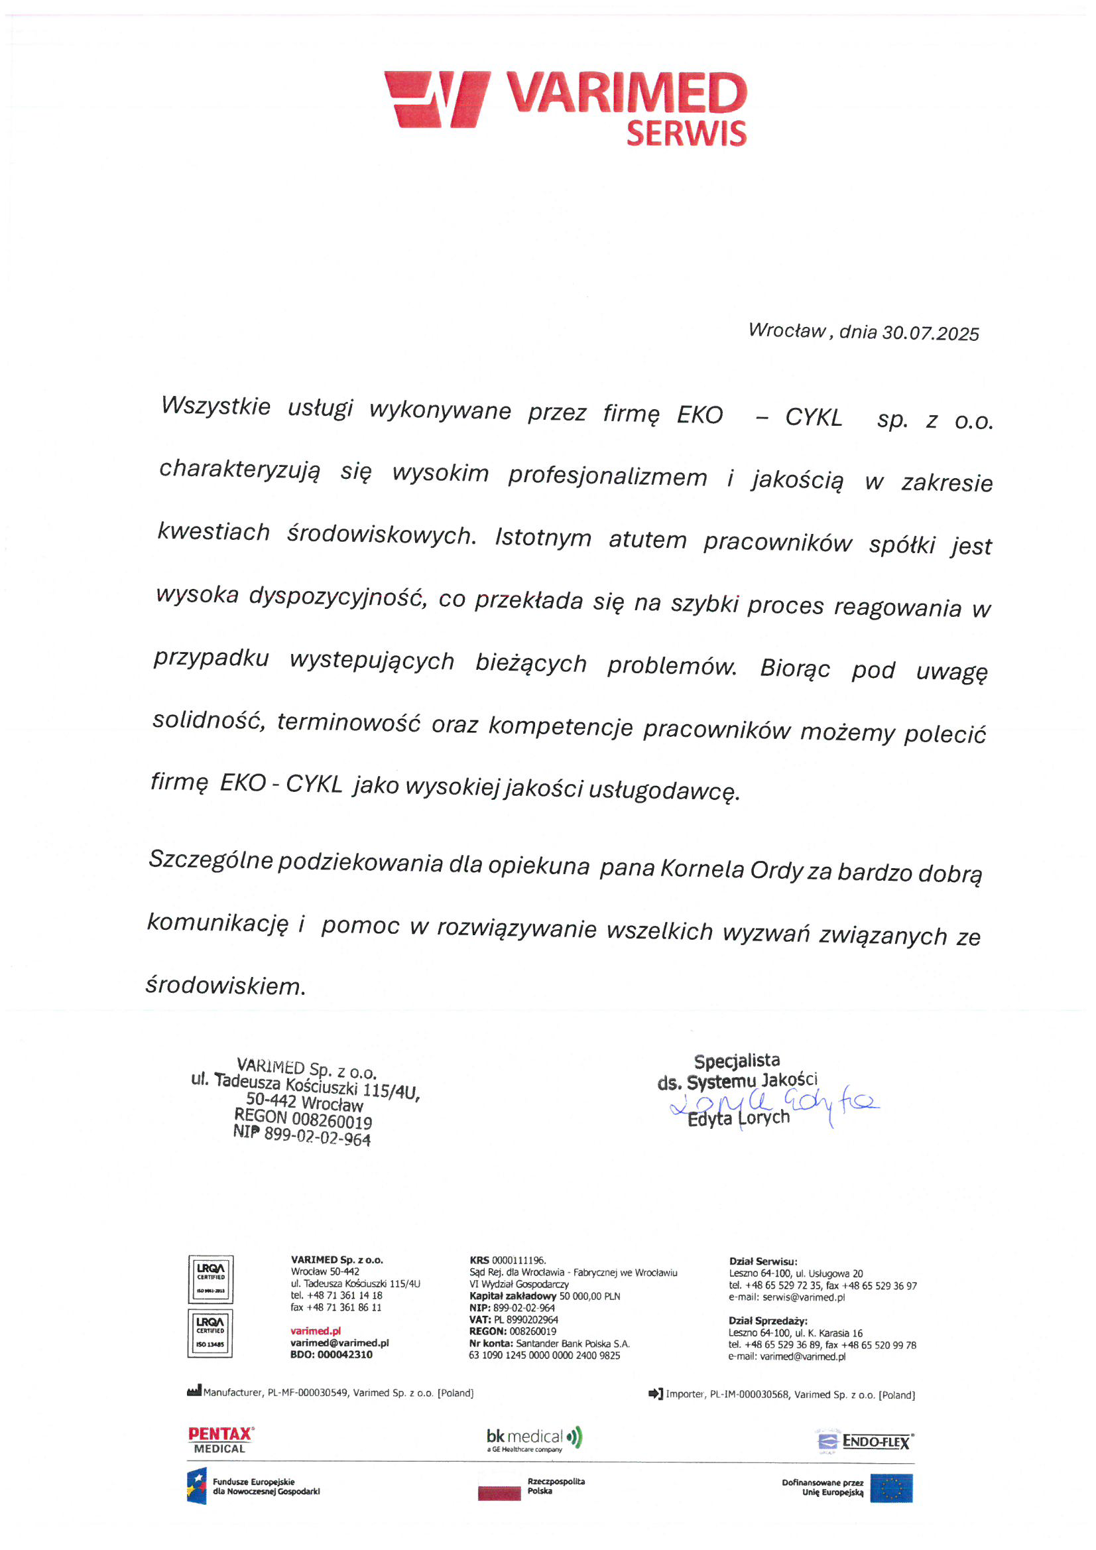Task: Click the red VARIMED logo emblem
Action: coord(438,99)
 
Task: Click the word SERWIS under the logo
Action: coord(686,134)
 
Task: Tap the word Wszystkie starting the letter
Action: coord(215,407)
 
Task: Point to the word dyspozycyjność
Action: coord(337,596)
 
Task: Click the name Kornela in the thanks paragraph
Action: coord(701,869)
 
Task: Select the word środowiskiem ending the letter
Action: coord(225,986)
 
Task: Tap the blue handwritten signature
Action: coord(776,1104)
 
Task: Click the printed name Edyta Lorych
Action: coord(739,1119)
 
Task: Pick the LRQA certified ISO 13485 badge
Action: coord(211,1332)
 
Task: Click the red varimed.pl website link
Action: coord(315,1330)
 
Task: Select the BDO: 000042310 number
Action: coord(331,1354)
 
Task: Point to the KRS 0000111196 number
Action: coord(507,1260)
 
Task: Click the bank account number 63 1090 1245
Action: coord(544,1355)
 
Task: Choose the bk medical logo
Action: coord(533,1439)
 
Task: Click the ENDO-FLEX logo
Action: coord(865,1441)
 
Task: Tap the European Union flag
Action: coord(891,1488)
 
